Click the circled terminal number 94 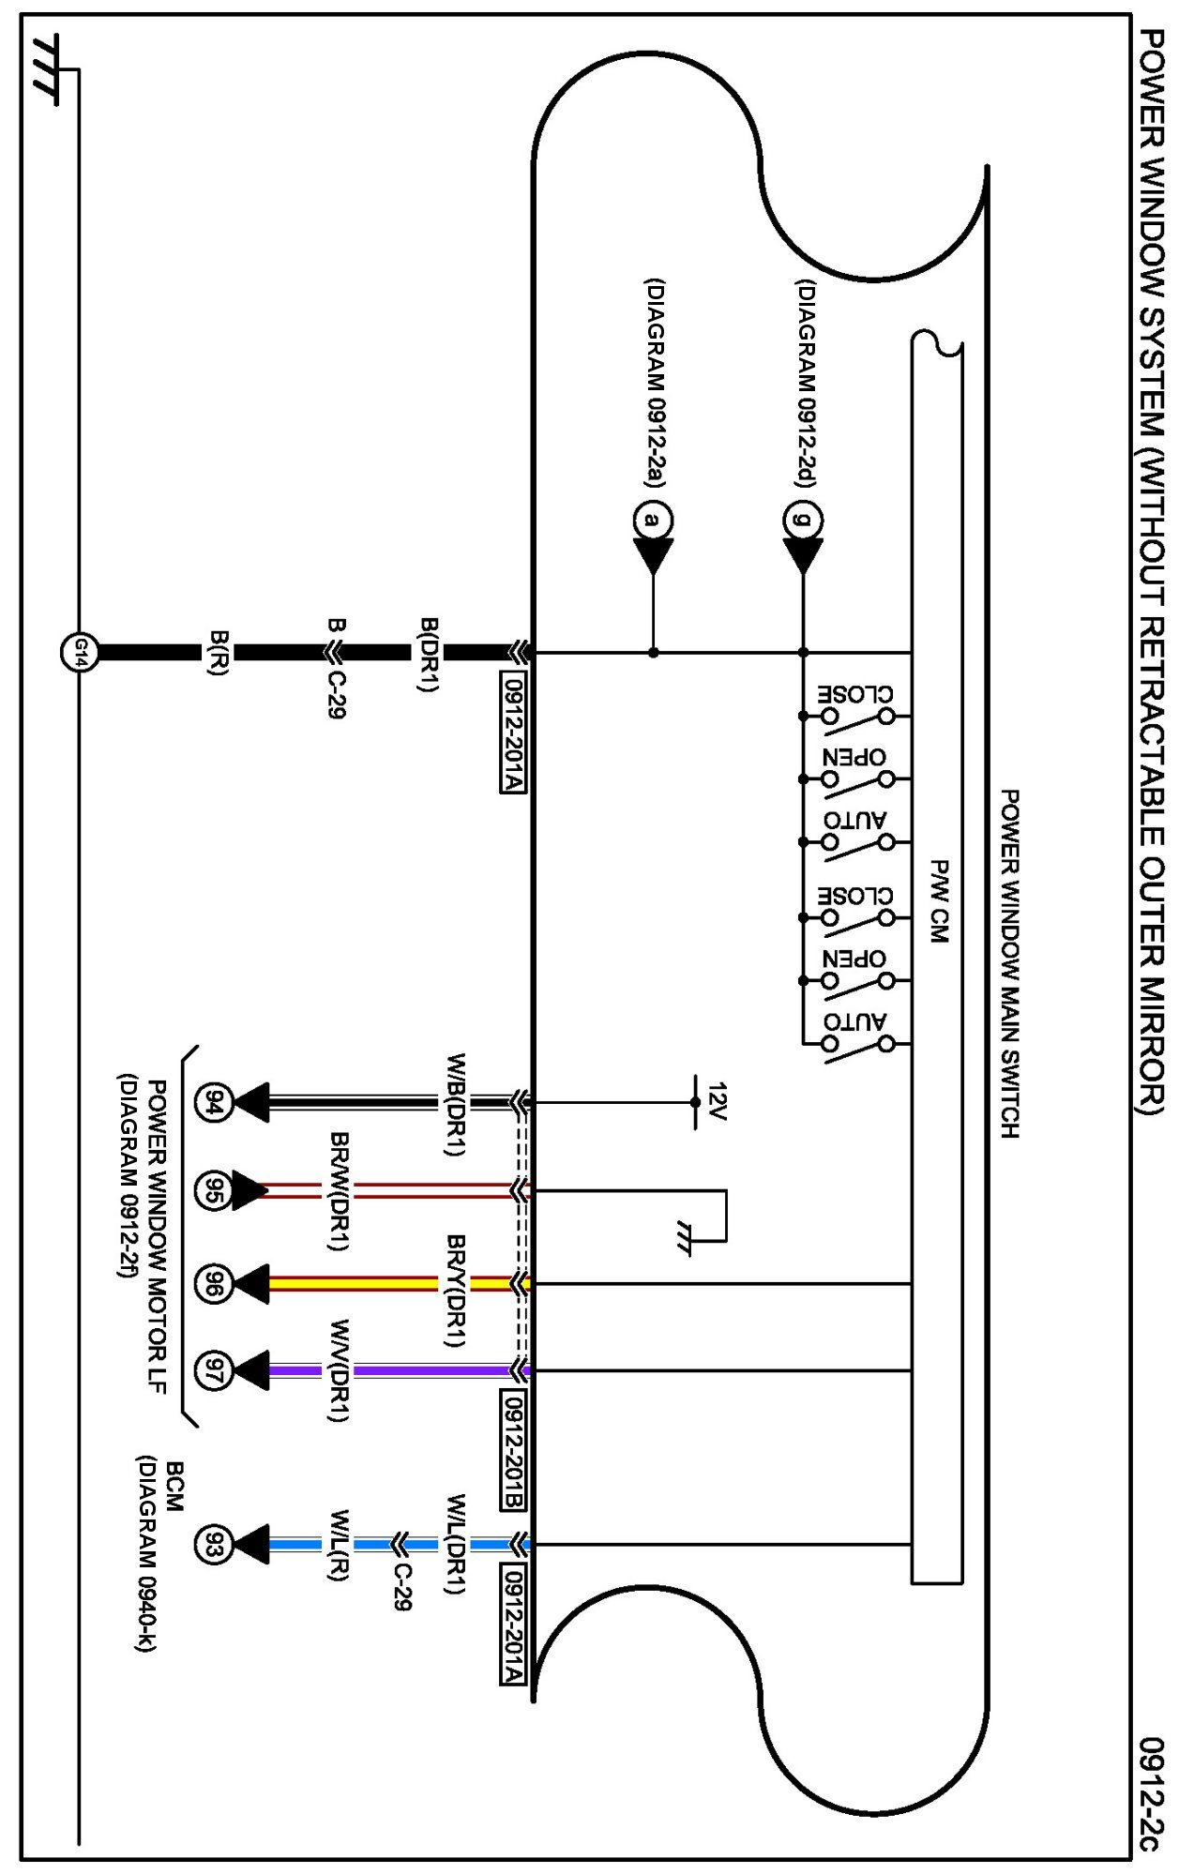click(x=214, y=1103)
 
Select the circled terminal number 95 click(x=214, y=1191)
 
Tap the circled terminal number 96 click(x=214, y=1283)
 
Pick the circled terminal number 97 click(x=214, y=1370)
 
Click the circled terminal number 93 click(x=214, y=1545)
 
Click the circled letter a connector click(x=653, y=520)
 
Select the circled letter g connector click(x=803, y=520)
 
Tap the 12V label click(x=718, y=1101)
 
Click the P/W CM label click(x=938, y=900)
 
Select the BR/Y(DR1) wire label click(x=456, y=1290)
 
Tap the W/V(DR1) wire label click(x=340, y=1370)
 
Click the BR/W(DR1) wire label click(x=340, y=1191)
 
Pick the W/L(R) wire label click(x=340, y=1545)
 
